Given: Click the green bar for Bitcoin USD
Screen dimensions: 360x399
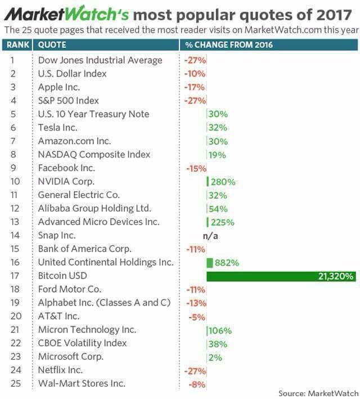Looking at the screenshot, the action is [x=281, y=276].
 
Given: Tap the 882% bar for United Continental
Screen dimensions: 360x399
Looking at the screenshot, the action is [x=210, y=263].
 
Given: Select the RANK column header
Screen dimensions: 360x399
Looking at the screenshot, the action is [x=18, y=45].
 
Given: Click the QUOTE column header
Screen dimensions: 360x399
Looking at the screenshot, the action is [x=52, y=45].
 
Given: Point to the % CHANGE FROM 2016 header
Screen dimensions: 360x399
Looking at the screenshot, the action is [x=229, y=45].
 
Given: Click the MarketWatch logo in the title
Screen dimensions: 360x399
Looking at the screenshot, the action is [x=67, y=15].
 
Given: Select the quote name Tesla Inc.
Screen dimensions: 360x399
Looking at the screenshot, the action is [x=58, y=128].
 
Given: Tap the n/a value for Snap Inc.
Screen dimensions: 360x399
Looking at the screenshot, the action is [x=210, y=236].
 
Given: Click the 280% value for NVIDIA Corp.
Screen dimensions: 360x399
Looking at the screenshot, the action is [x=223, y=182].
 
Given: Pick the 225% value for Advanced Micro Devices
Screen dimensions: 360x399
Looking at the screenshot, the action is [x=222, y=222].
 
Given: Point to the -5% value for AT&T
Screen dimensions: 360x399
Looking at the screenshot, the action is [x=197, y=317].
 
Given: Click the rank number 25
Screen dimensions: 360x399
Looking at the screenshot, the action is [x=16, y=383].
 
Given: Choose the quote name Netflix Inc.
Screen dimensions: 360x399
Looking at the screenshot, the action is [x=60, y=370].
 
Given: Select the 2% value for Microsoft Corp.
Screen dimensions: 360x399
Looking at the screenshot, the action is [x=215, y=357].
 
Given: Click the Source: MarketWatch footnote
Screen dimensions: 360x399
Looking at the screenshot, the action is [x=318, y=393].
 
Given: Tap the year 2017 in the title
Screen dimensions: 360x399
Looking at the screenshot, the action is [x=334, y=15].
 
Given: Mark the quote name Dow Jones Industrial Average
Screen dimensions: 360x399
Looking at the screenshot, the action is [x=100, y=60].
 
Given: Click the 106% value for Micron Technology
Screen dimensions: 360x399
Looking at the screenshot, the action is [x=220, y=330].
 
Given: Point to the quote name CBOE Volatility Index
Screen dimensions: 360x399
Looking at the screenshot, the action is [x=82, y=343].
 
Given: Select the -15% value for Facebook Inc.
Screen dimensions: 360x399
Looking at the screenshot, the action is [x=196, y=168].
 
